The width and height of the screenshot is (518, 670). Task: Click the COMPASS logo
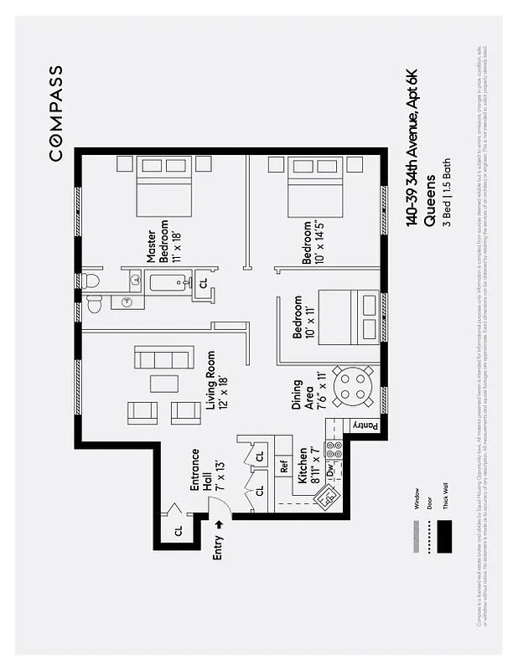click(x=55, y=113)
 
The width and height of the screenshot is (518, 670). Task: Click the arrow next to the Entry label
click(x=220, y=523)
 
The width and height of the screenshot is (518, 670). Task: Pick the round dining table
click(x=353, y=386)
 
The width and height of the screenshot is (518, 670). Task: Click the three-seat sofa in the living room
click(x=164, y=358)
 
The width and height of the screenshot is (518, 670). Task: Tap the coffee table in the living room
click(x=164, y=384)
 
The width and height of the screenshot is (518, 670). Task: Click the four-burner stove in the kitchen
click(x=334, y=449)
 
